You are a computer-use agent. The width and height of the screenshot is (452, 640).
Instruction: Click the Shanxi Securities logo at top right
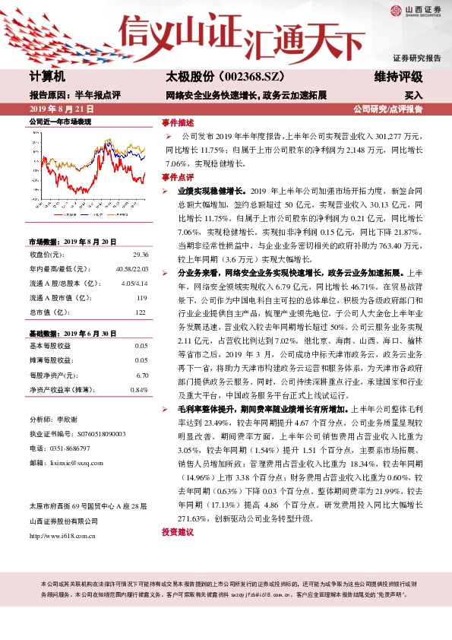coord(415,11)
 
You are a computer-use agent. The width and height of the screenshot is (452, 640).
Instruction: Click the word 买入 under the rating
coord(413,96)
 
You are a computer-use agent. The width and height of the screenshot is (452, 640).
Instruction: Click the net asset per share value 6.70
coord(141,375)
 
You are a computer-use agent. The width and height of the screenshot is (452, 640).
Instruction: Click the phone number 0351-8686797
coord(69,448)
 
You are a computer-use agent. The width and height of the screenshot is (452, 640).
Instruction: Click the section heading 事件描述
coord(178,122)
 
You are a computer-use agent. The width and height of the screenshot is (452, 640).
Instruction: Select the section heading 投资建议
coord(178,532)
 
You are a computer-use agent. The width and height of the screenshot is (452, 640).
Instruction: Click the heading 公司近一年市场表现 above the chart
coord(60,122)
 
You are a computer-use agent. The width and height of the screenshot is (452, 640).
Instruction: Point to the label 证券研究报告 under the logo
coord(416,58)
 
